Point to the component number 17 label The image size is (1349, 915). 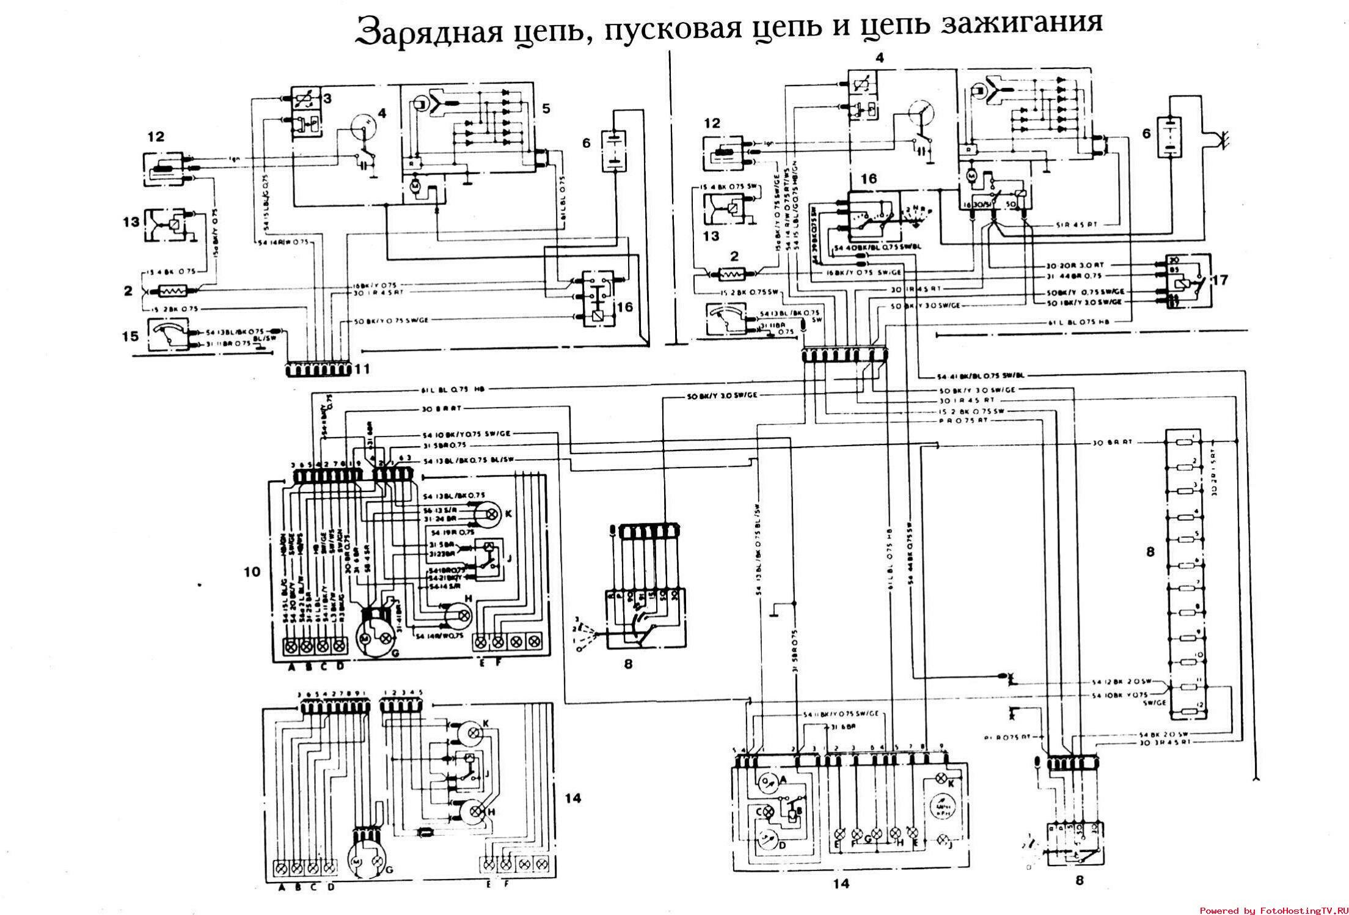click(1219, 281)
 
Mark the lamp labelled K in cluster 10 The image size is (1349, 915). click(487, 513)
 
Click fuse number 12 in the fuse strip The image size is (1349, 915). click(1184, 711)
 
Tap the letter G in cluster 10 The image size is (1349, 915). click(395, 653)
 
